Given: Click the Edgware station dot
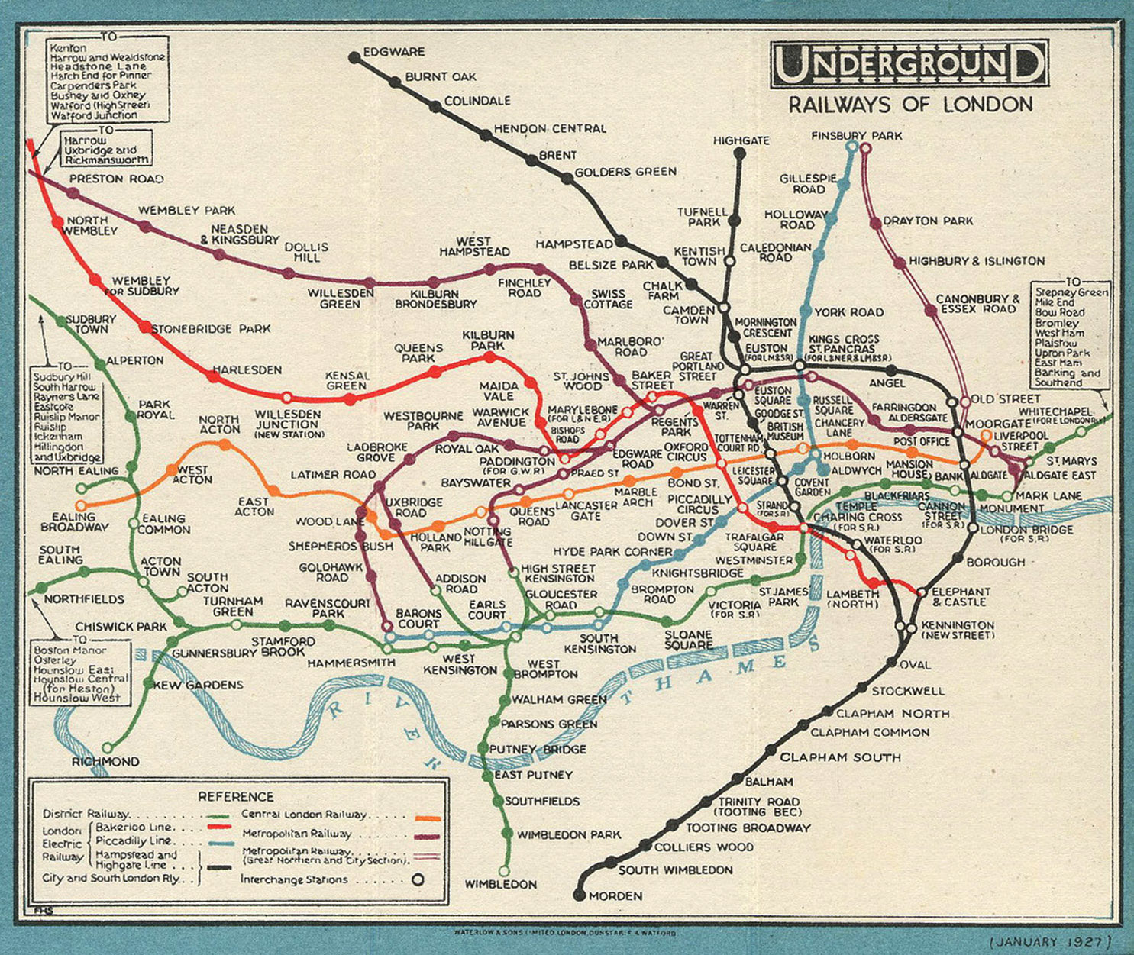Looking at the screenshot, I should pos(354,57).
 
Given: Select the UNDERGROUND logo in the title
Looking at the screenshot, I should pos(909,64).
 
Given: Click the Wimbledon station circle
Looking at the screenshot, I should pos(504,870).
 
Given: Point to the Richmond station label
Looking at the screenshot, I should pos(105,762).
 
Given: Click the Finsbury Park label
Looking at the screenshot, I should pos(856,136).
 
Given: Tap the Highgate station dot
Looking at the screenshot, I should pos(739,153).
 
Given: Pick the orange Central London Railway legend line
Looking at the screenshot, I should pos(428,818).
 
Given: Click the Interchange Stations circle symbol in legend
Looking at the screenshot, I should pos(418,879).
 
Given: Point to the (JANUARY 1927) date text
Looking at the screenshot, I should pos(1051,941).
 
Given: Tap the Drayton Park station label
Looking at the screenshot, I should pos(928,221).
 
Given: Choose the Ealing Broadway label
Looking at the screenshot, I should pos(75,522).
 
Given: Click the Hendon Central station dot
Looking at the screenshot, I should pos(486,135).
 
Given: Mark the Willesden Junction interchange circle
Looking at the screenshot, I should pos(286,398).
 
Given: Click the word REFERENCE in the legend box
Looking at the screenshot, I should pos(235,796).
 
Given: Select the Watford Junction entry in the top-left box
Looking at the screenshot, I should pos(94,116).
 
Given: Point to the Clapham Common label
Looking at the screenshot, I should pos(870,732).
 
